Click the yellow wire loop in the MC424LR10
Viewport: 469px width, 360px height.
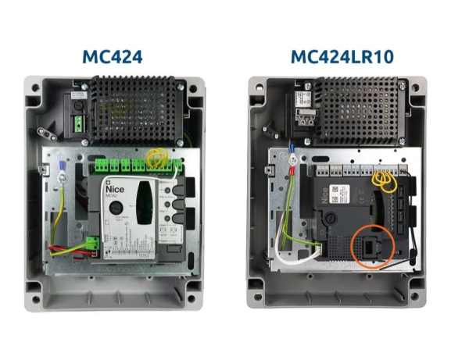[x=383, y=180]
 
